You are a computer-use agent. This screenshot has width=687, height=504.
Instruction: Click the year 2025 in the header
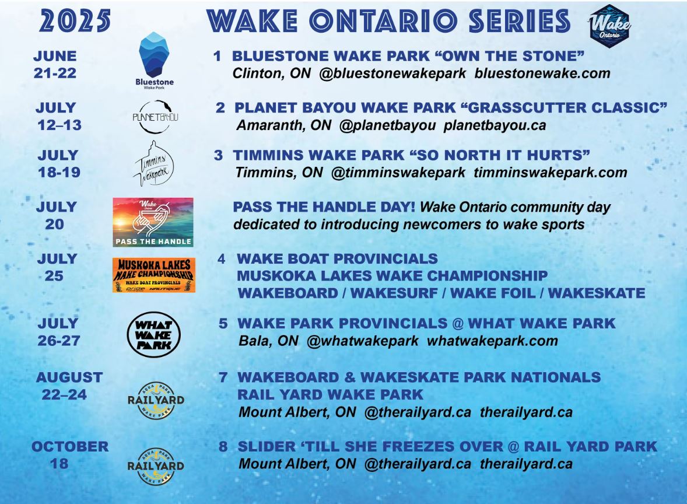[75, 20]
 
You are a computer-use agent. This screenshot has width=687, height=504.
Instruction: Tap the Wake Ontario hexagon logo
[609, 26]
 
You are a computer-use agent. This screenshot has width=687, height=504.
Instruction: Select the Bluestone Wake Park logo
[154, 61]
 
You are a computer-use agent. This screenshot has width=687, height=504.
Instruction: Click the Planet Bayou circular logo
[155, 117]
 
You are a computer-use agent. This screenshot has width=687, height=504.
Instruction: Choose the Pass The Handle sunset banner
[153, 222]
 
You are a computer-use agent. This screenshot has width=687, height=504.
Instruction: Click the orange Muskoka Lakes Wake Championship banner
[154, 275]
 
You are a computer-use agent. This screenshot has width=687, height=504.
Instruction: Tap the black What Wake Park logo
[154, 335]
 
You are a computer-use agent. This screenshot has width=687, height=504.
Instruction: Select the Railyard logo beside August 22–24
[156, 400]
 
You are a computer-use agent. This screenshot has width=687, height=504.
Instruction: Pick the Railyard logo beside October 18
[156, 466]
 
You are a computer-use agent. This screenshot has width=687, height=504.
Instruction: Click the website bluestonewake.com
[542, 73]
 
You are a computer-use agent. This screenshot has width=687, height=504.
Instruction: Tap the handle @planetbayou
[387, 126]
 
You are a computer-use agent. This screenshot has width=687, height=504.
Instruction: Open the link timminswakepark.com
[551, 173]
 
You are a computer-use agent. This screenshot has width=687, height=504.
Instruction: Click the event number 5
[223, 323]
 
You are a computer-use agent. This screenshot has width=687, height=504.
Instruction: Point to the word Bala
[253, 341]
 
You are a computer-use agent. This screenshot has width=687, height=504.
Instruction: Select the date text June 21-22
[55, 64]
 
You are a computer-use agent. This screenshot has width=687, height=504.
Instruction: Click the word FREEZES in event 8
[443, 447]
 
